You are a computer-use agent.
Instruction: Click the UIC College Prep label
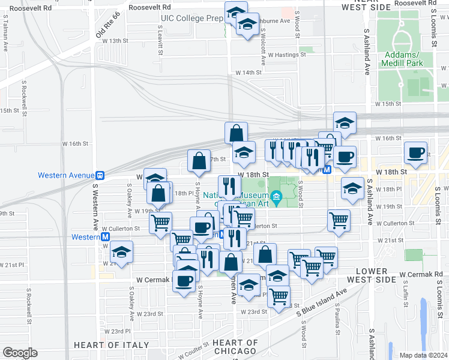click(x=191, y=18)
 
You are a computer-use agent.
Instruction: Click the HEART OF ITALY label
click(x=111, y=345)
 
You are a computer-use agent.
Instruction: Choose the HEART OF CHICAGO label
click(x=235, y=347)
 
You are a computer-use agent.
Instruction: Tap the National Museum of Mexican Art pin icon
click(x=276, y=196)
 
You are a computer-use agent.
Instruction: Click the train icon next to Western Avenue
click(x=100, y=175)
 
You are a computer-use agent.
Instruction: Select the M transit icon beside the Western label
click(x=105, y=237)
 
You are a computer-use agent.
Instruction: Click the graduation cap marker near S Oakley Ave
click(x=122, y=253)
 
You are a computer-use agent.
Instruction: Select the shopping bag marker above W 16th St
click(x=237, y=133)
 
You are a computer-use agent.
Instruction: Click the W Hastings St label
click(x=286, y=55)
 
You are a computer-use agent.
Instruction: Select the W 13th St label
click(x=115, y=40)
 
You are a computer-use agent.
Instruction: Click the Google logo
click(x=20, y=353)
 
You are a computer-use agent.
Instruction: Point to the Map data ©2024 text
click(x=423, y=355)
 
